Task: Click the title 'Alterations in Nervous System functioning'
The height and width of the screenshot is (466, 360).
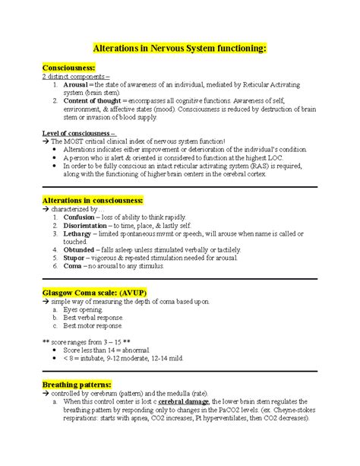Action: click(179, 48)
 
